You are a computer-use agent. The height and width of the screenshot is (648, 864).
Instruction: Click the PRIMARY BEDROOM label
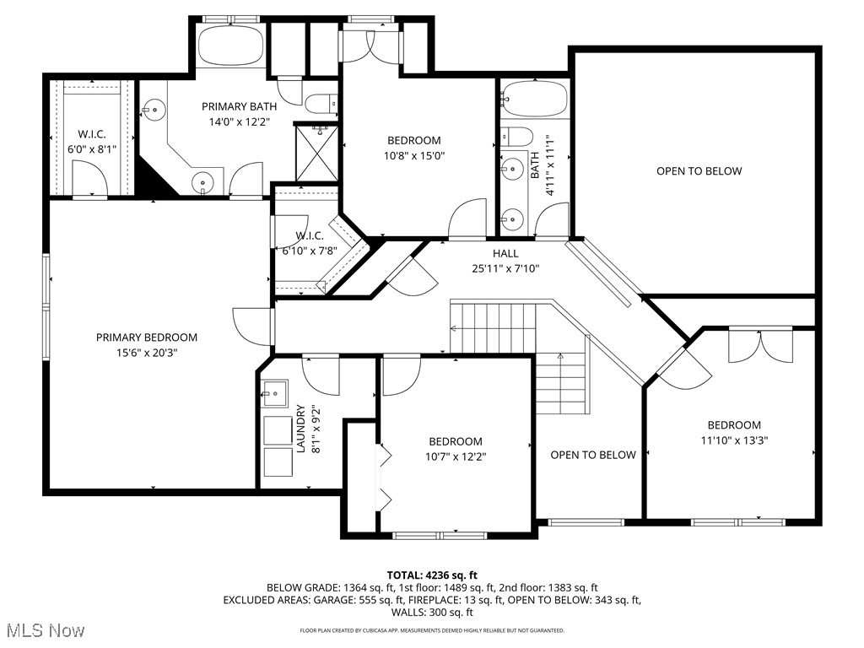[x=146, y=337]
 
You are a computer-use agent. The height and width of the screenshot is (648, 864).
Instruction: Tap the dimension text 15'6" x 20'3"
[x=146, y=353]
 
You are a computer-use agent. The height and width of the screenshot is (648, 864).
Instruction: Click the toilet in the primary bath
[x=321, y=104]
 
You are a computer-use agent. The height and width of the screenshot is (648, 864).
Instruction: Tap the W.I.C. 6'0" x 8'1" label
[x=92, y=134]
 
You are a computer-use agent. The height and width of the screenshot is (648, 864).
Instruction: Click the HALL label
[x=505, y=253]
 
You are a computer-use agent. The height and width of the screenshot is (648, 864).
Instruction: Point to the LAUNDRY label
[x=300, y=429]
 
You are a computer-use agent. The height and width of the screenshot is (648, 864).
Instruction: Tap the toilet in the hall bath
[x=516, y=137]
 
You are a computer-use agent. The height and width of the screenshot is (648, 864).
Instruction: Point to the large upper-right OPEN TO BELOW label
[x=699, y=171]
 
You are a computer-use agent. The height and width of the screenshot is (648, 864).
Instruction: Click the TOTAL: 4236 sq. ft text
[x=432, y=575]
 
